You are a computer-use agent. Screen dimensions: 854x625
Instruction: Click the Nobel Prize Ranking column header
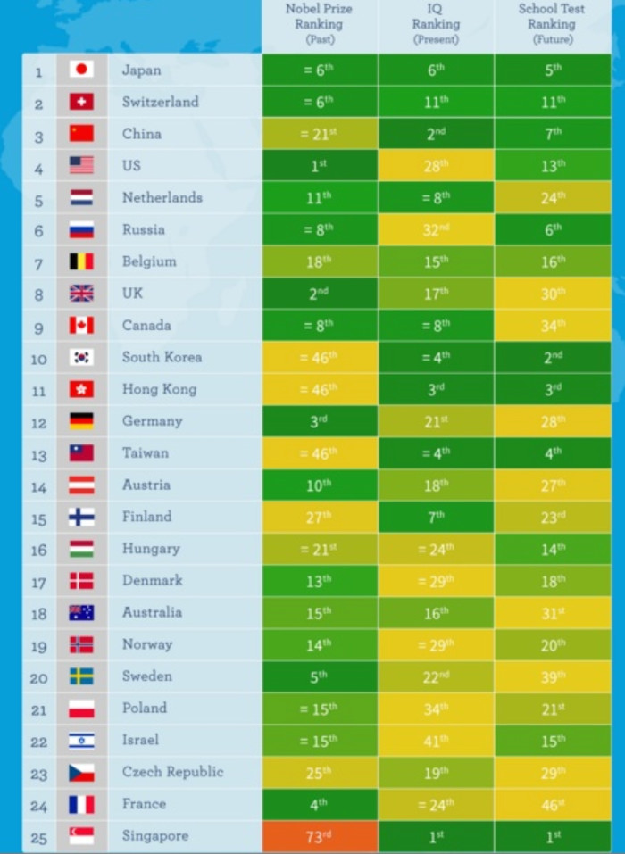(319, 24)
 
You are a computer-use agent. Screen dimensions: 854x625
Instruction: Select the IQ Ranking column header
(436, 24)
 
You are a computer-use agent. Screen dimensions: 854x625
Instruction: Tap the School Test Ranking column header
(552, 24)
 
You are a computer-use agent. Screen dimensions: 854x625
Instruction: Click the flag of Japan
(81, 70)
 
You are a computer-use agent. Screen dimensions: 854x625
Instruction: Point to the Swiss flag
(81, 102)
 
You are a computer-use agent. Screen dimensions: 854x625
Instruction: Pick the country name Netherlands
(162, 197)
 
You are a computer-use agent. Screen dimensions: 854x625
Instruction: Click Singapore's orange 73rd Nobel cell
(319, 836)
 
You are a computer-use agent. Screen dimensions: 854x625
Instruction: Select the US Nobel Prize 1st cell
(319, 165)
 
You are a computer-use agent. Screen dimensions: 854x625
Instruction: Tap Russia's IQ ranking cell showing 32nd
(436, 229)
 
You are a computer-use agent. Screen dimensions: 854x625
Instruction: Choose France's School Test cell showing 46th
(553, 804)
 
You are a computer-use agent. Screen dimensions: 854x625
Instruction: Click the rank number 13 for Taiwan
(38, 453)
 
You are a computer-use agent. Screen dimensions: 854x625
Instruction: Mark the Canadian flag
(81, 325)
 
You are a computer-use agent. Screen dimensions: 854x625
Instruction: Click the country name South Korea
(162, 357)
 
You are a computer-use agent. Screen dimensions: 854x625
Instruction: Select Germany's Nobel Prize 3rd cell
(319, 421)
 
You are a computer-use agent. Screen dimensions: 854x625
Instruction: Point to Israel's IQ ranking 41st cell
(436, 740)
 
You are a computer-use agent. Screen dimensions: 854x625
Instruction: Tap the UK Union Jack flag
(81, 293)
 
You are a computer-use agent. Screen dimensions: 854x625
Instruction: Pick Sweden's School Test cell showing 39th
(553, 676)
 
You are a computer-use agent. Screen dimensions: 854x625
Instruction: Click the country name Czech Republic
(172, 772)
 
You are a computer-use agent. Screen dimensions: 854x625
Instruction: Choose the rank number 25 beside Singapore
(38, 837)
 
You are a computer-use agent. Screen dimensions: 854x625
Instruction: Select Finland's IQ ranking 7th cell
(436, 517)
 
